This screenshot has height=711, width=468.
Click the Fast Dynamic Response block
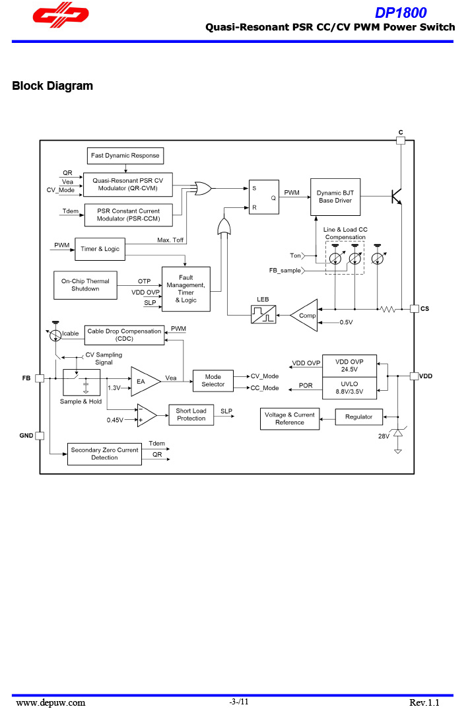pos(125,156)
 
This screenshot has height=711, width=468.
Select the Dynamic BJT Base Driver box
pos(335,197)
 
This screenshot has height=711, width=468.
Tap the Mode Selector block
pos(213,381)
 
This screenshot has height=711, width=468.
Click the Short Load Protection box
pos(191,415)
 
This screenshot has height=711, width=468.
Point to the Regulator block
pos(358,417)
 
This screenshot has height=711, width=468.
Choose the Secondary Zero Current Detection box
pos(104,454)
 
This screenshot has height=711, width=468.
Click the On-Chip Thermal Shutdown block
pos(85,285)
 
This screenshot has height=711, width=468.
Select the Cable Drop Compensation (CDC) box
pos(124,335)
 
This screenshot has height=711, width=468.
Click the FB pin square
pos(40,378)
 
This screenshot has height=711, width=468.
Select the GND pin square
pos(40,436)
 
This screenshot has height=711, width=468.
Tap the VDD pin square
pos(414,376)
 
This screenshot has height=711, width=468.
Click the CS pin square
pos(414,308)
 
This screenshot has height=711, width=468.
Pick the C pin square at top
pos(400,140)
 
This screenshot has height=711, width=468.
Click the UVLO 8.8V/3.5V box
pos(349,388)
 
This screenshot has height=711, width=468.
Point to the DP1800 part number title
pos(401,13)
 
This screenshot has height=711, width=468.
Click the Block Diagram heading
pos(53,86)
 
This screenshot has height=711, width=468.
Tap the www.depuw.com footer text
pos(51,702)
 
